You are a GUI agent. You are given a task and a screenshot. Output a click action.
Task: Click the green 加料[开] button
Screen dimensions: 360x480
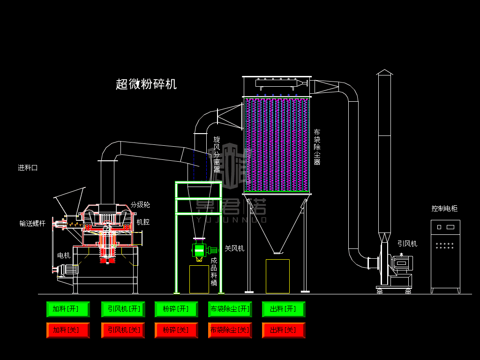coord(68,309)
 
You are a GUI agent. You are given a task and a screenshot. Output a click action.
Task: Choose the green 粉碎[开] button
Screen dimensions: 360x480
coord(176,309)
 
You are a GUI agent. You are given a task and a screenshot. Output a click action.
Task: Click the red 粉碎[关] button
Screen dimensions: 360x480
coord(176,330)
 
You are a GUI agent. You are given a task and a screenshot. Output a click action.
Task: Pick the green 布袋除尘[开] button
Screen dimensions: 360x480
coord(230,309)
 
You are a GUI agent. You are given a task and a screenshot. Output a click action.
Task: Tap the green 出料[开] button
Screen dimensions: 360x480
coord(284,309)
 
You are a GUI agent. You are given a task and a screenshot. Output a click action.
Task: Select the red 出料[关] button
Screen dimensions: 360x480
coord(284,330)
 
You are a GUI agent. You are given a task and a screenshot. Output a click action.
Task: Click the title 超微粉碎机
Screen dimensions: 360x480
coord(146,84)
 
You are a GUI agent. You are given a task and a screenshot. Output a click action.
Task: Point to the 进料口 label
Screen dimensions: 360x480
coord(28,168)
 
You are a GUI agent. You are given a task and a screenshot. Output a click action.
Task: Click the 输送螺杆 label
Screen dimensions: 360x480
coord(32,224)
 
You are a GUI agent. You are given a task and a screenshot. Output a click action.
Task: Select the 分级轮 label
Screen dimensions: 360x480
coord(140,205)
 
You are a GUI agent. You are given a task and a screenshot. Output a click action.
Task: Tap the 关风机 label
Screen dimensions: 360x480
coord(234,248)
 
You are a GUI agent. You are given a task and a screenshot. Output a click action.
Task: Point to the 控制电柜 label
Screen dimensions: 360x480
coord(444,209)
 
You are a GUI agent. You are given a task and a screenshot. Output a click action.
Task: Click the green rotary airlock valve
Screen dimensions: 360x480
coord(199,250)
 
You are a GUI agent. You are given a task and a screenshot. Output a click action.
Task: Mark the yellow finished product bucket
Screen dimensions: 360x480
coord(199,279)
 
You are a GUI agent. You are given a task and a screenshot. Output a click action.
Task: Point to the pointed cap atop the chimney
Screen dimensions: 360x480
coord(384,72)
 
